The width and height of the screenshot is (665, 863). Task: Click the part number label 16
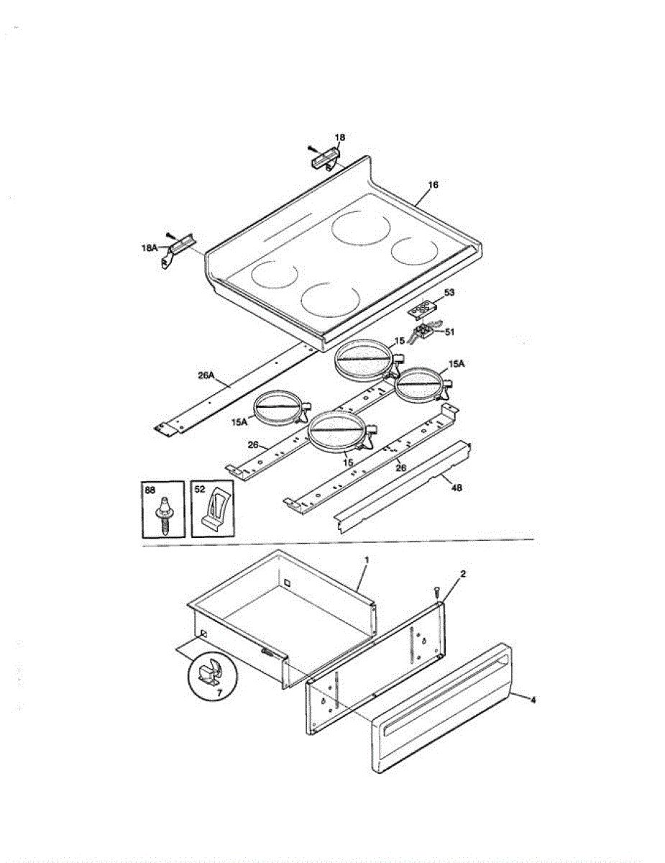tap(433, 185)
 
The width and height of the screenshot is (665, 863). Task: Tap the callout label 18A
tap(149, 247)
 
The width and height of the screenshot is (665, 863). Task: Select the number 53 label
tap(449, 293)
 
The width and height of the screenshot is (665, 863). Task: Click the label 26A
tap(206, 375)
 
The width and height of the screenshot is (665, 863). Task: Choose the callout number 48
tap(456, 488)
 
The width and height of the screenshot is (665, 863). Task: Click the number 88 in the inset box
tap(150, 490)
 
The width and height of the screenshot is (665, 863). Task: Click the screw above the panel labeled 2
tap(436, 591)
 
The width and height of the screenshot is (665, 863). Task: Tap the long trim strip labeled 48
tap(403, 489)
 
